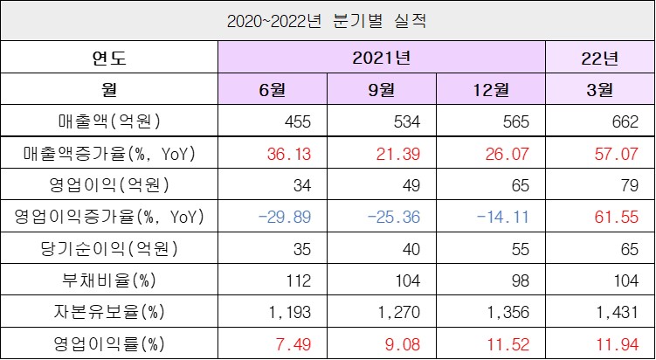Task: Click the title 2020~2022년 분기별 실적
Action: (327, 21)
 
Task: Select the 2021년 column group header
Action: (381, 58)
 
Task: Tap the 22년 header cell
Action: (599, 58)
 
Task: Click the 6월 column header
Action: (273, 89)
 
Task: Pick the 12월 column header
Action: (491, 89)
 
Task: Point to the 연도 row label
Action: (109, 58)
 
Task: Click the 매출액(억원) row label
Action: (109, 121)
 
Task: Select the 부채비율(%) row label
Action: (109, 280)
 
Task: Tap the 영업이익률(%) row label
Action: (109, 344)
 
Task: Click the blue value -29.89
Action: (286, 218)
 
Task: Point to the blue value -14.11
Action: (504, 218)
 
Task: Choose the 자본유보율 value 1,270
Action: (399, 313)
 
